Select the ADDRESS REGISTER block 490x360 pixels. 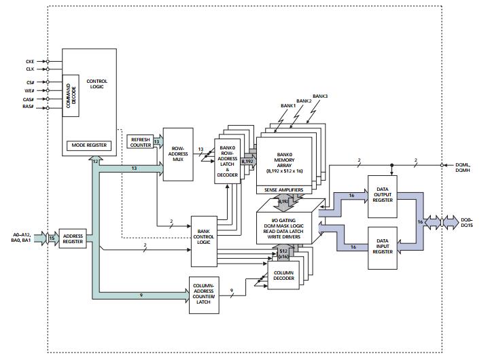pos(73,238)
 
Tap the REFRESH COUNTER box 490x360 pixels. pos(140,142)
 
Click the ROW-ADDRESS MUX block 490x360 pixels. pos(179,153)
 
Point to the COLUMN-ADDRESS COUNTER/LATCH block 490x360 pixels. pos(205,294)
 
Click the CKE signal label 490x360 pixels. pos(30,60)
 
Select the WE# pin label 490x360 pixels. pos(30,90)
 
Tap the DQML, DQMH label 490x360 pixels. pos(463,168)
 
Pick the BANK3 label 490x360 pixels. pos(320,96)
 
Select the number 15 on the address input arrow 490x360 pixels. pos(52,238)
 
